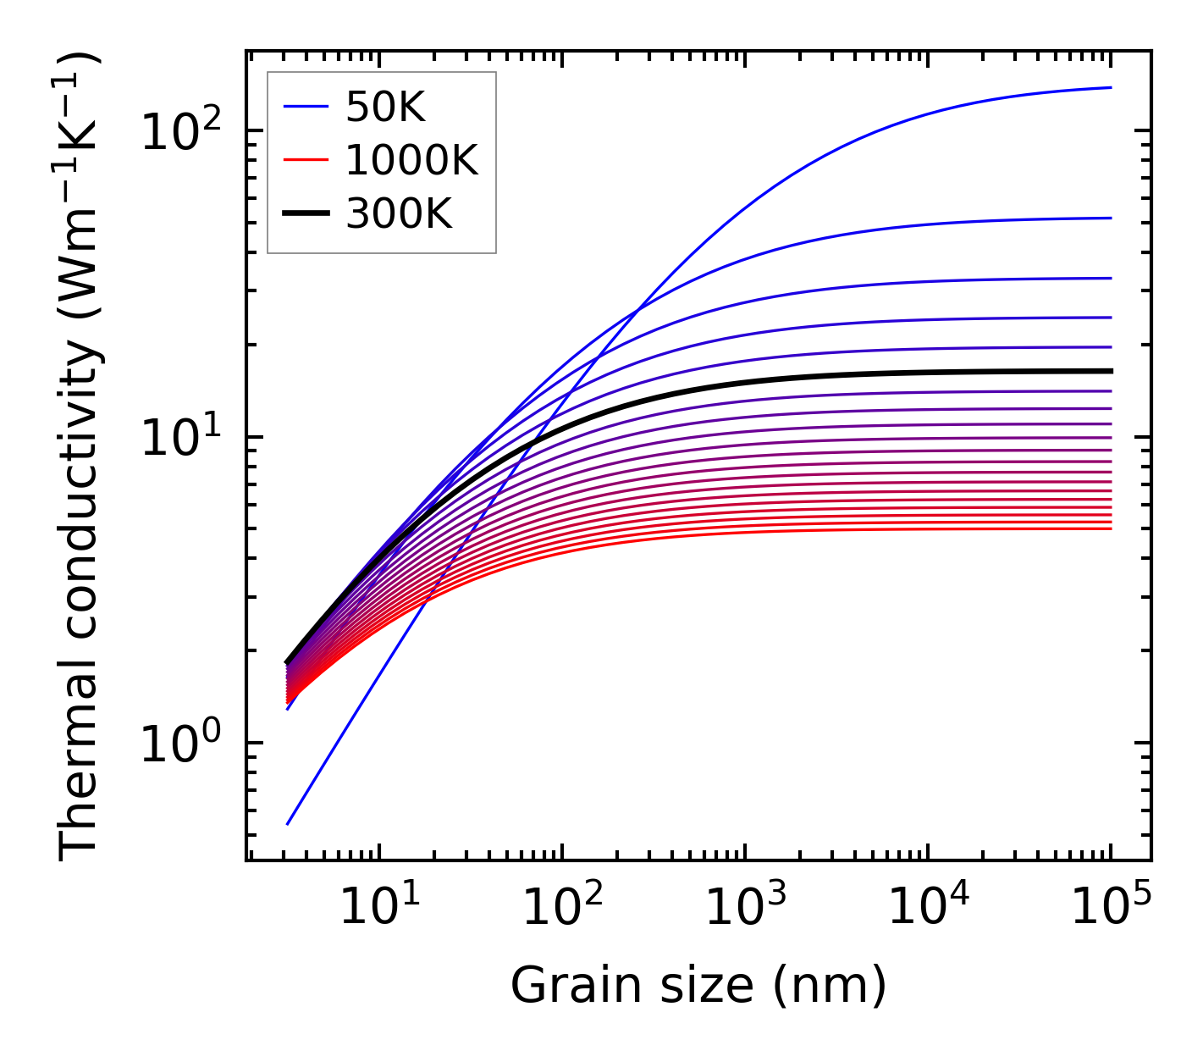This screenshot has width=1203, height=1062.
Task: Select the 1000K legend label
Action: click(x=411, y=160)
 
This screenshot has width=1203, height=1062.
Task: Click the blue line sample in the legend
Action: click(x=305, y=107)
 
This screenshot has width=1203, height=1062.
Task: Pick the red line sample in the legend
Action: click(x=305, y=160)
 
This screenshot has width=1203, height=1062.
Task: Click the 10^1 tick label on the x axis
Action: click(x=378, y=908)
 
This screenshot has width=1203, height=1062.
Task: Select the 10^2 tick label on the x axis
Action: click(x=561, y=908)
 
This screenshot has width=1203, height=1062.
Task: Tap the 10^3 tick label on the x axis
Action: click(x=744, y=908)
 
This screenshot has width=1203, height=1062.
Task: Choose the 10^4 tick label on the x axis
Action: click(x=927, y=908)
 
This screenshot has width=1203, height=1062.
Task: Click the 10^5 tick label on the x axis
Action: click(x=1110, y=908)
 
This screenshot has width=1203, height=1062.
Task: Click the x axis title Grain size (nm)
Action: click(x=698, y=986)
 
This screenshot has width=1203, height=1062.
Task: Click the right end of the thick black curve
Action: click(x=1110, y=371)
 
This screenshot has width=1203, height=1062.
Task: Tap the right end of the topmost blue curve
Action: click(x=1110, y=87)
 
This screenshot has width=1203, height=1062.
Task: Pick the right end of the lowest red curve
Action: click(x=1110, y=528)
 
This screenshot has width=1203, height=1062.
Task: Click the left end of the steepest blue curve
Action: click(x=288, y=823)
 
